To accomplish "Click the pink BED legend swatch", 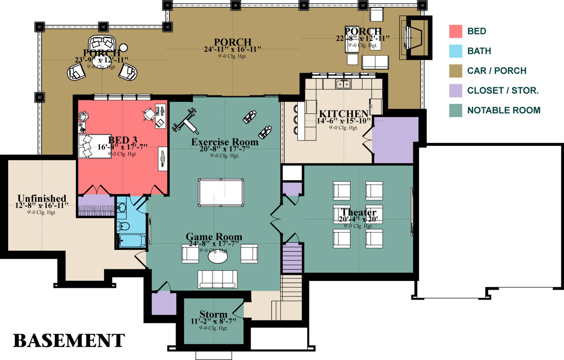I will pos(455,32).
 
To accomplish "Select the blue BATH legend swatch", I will pos(455,51).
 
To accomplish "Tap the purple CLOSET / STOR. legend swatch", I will pos(455,91).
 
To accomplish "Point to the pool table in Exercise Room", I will pos(221,192).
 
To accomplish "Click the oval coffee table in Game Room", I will pos(220,256).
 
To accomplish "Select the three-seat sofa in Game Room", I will pos(217,279).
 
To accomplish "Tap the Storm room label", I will pos(213,315).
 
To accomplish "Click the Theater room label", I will pos(358,212).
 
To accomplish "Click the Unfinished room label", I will pos(42,198).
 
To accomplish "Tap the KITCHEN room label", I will pos(344,114).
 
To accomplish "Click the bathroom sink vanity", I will pos(122,208).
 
